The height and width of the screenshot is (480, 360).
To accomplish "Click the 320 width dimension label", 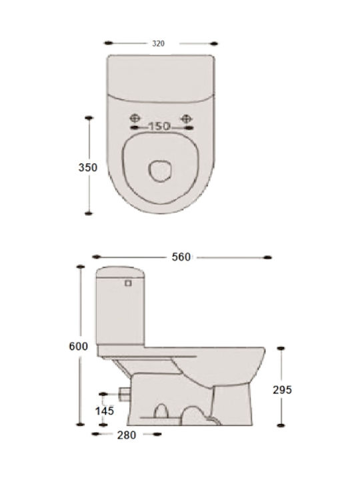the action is pyautogui.click(x=158, y=43).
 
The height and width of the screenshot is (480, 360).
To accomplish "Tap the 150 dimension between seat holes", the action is pyautogui.click(x=159, y=126).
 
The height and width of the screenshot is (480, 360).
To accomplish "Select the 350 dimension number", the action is pyautogui.click(x=88, y=167).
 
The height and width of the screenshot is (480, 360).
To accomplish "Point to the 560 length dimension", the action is pyautogui.click(x=181, y=257).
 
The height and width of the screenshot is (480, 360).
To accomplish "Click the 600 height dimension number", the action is pyautogui.click(x=79, y=346).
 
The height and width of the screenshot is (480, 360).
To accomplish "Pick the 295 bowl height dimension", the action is pyautogui.click(x=282, y=390).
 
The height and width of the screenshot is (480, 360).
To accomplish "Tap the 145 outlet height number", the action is pyautogui.click(x=105, y=411).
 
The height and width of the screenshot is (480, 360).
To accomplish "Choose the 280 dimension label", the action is pyautogui.click(x=127, y=435).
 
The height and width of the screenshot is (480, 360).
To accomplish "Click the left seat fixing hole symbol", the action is pyautogui.click(x=135, y=118).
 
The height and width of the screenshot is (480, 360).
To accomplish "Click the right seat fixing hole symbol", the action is pyautogui.click(x=186, y=118).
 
